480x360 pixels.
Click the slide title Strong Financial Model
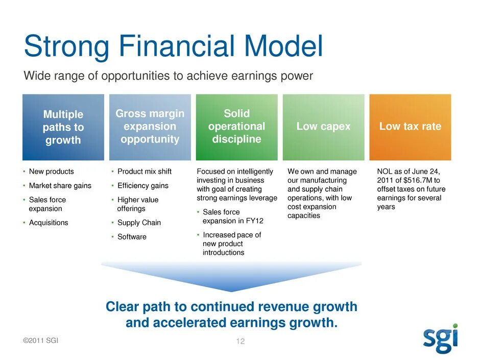(173, 46)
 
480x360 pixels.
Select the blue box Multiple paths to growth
(63, 127)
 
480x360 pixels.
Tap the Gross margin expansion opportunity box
(150, 127)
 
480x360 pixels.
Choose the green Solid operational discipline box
(236, 127)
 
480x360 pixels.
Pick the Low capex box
(324, 127)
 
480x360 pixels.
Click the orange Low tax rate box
(410, 127)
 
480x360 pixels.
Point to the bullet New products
(52, 172)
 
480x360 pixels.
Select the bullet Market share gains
(60, 185)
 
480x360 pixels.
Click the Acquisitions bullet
(49, 223)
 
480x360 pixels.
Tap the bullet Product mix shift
(145, 172)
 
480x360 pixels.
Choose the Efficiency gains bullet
(143, 185)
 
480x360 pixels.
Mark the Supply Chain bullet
(139, 223)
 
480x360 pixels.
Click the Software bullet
(132, 236)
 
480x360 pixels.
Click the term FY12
(254, 221)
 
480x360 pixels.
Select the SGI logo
(441, 338)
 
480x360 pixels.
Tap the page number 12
(241, 341)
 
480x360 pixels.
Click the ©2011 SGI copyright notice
(41, 341)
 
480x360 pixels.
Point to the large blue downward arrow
(231, 276)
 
